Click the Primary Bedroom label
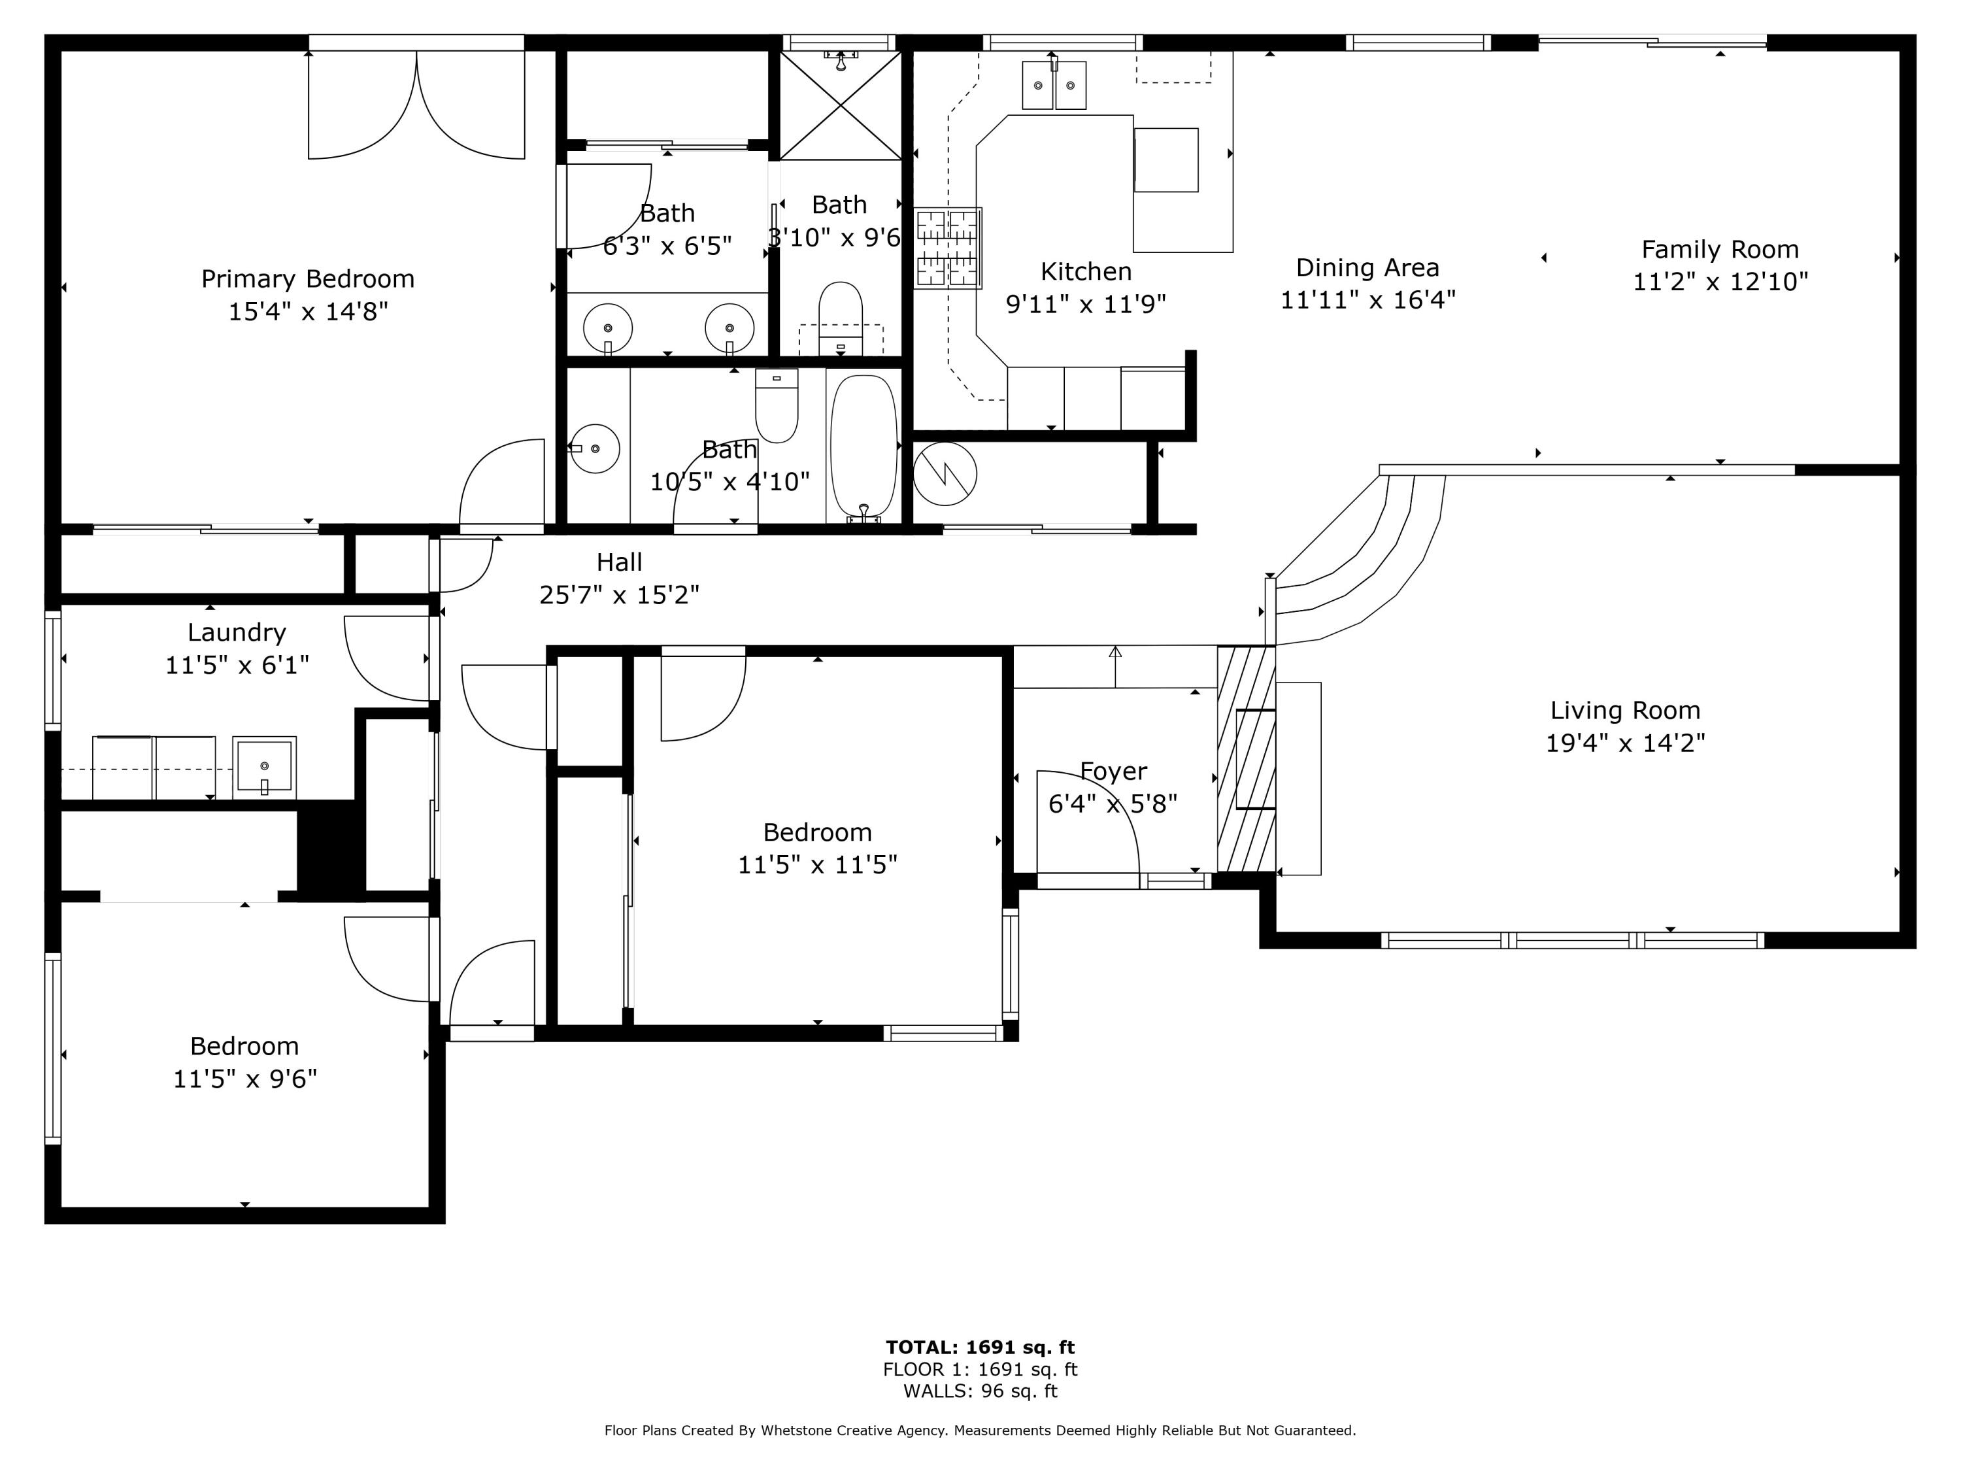tap(308, 279)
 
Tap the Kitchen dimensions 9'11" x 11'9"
tap(1085, 304)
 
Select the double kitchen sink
tap(1054, 85)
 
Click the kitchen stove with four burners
tap(948, 248)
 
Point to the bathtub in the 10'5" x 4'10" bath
tap(863, 446)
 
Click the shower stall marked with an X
tap(841, 105)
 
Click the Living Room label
tap(1624, 710)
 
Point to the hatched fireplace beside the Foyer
tap(1247, 758)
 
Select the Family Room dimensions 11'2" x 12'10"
tap(1720, 282)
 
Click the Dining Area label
tap(1367, 268)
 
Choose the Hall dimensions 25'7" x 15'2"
tap(619, 595)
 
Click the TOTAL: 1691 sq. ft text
tap(980, 1347)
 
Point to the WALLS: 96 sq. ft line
tap(980, 1391)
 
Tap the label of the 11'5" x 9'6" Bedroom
tap(244, 1046)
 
